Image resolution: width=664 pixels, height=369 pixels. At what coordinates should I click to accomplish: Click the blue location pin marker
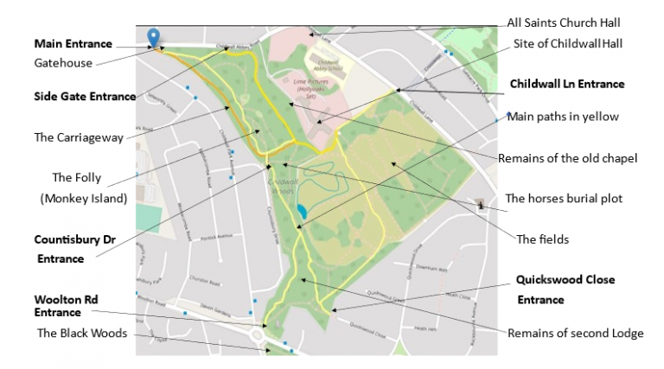154,36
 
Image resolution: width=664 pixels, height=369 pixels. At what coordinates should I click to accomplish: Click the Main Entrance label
73,43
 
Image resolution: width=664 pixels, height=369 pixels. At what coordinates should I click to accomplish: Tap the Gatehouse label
63,62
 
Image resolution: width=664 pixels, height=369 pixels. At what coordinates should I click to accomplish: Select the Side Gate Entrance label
85,96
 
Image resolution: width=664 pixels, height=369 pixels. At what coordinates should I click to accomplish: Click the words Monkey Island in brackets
83,198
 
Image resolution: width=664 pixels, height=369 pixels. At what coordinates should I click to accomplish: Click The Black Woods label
83,332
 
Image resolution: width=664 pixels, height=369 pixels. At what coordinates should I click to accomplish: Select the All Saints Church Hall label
564,22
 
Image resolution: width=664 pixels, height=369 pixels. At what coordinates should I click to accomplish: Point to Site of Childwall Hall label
565,43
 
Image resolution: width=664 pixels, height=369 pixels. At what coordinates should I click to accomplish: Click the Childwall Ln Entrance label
567,84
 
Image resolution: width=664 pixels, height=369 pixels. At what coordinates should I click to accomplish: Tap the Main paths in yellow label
562,117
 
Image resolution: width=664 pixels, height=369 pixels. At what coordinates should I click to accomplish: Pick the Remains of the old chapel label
568,158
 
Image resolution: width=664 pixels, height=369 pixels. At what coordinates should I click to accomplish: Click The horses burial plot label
564,198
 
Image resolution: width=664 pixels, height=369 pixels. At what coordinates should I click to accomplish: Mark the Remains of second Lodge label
575,333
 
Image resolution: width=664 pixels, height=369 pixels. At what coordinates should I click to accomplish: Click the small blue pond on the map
300,211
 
